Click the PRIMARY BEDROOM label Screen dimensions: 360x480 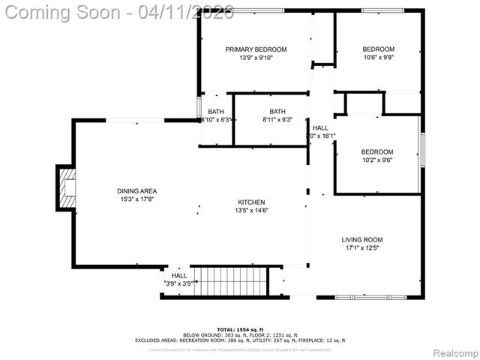coord(256,49)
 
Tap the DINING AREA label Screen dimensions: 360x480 coord(136,190)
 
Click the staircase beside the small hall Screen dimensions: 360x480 coord(229,282)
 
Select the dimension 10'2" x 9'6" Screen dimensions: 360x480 coord(377,160)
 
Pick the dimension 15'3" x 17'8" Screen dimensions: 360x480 coord(136,199)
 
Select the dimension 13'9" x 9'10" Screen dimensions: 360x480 coord(256,58)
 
